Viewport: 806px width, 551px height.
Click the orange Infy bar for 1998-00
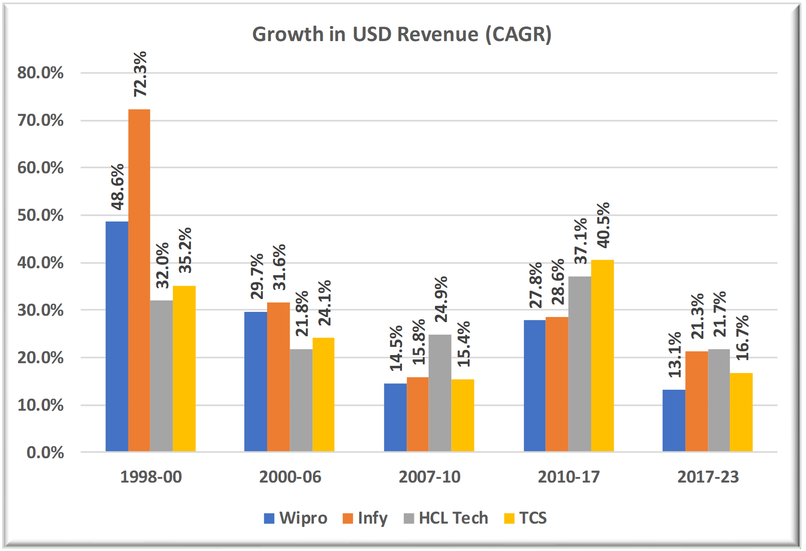[139, 280]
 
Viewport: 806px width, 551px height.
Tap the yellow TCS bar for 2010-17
[602, 355]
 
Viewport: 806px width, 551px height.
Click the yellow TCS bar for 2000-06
[323, 394]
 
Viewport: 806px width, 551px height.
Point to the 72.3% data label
[140, 74]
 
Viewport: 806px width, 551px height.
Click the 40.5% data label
[603, 225]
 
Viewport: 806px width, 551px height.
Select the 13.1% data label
[675, 355]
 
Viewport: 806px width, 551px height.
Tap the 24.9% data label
[441, 299]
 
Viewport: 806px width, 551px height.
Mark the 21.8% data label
[302, 314]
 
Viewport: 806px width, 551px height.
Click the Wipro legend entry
[295, 518]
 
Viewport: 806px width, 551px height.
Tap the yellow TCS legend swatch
[509, 518]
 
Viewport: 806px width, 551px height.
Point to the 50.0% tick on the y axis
[40, 215]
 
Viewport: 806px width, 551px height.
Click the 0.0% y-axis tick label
[45, 452]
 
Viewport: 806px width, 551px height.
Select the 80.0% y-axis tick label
[40, 73]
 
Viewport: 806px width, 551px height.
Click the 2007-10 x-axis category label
[429, 477]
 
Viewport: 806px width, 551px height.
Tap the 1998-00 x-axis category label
[151, 477]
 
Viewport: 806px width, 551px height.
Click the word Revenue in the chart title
[437, 34]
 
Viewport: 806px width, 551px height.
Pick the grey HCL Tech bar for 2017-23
[719, 400]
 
